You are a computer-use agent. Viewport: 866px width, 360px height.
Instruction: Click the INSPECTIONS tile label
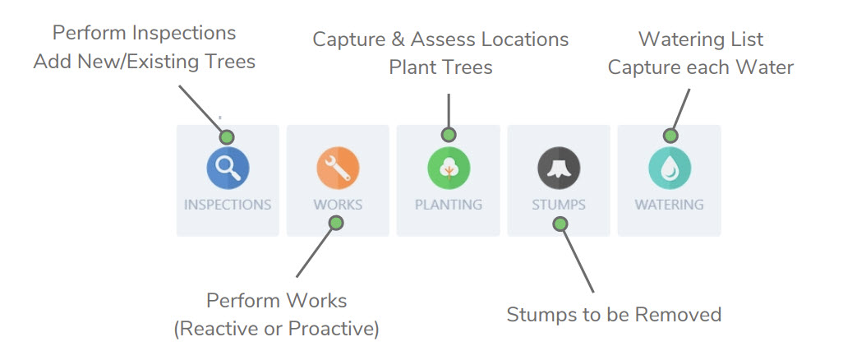(x=228, y=205)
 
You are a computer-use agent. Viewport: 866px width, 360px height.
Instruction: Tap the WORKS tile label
(x=338, y=205)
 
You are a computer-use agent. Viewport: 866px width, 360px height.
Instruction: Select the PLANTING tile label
(x=448, y=205)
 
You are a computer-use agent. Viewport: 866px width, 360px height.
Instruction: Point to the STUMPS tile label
(x=559, y=205)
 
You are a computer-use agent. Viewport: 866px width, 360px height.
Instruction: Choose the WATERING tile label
(x=669, y=205)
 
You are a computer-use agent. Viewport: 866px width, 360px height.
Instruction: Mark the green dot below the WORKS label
(x=334, y=223)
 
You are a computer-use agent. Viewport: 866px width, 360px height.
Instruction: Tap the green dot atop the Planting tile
(x=448, y=134)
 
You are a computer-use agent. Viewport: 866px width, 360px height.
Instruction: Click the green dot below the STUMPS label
(x=560, y=224)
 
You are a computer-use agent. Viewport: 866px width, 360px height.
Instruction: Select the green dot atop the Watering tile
(x=670, y=136)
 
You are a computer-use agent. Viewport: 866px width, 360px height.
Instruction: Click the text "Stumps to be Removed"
(x=614, y=315)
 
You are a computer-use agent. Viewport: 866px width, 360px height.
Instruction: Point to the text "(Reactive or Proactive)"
(x=276, y=329)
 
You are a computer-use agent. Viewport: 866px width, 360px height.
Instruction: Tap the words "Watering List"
(x=701, y=39)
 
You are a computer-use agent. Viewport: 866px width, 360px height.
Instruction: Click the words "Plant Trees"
(x=440, y=67)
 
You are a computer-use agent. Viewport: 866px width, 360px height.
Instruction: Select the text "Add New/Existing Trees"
(x=145, y=62)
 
